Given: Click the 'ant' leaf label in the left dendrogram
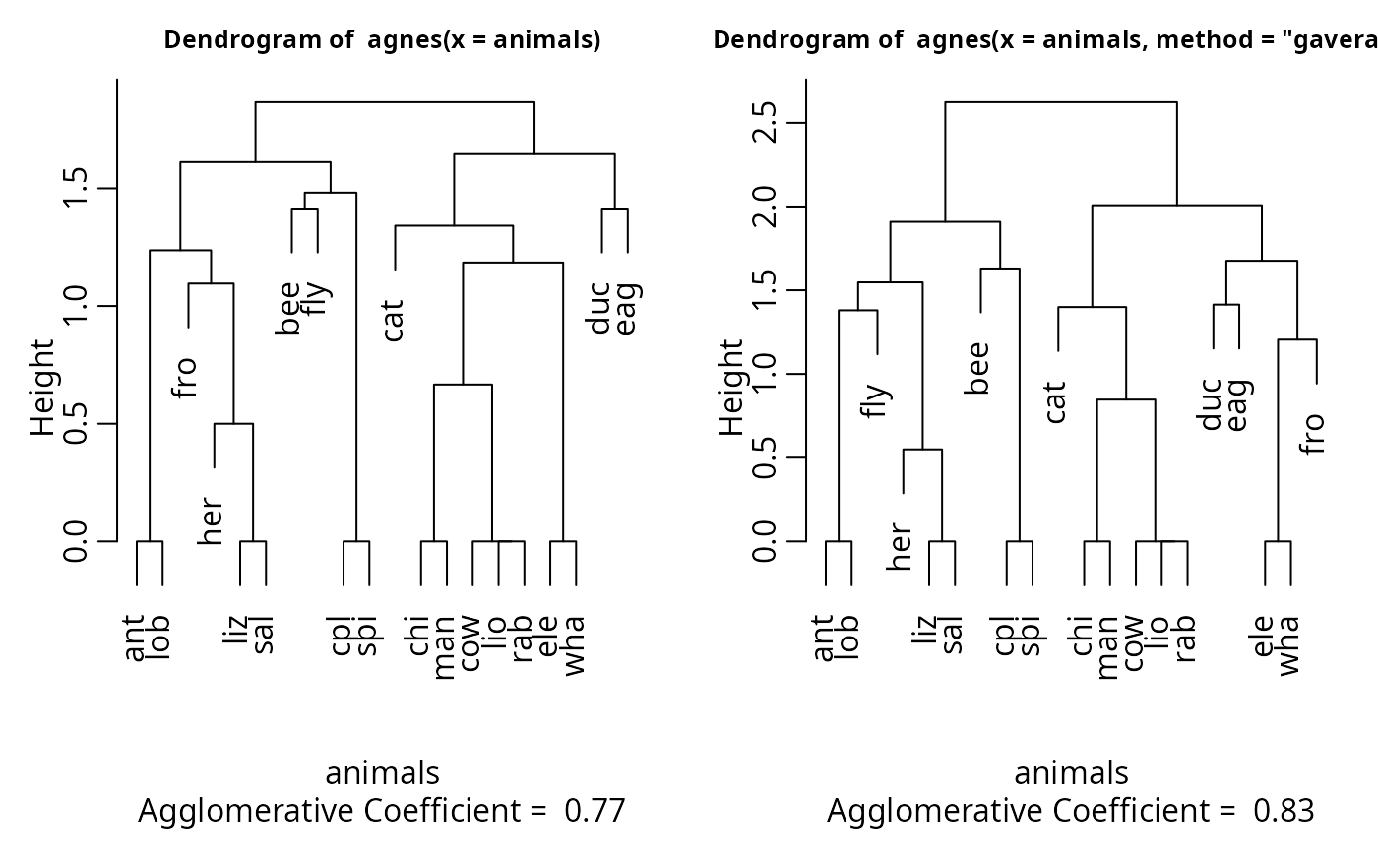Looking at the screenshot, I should pyautogui.click(x=136, y=638).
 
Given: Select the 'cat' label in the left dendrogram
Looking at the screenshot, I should pyautogui.click(x=394, y=320).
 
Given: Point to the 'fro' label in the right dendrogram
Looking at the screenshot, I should pyautogui.click(x=1313, y=433).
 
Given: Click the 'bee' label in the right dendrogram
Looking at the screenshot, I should pyautogui.click(x=978, y=368).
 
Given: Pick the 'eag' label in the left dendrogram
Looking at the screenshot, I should pyautogui.click(x=628, y=308).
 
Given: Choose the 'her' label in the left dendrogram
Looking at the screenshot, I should pyautogui.click(x=212, y=521).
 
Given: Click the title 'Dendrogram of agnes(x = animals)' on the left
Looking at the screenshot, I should pyautogui.click(x=382, y=40).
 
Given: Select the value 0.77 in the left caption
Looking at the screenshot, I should pyautogui.click(x=595, y=811).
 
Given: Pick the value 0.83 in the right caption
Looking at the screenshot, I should pyautogui.click(x=1284, y=811).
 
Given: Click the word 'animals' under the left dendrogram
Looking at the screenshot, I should pyautogui.click(x=382, y=773).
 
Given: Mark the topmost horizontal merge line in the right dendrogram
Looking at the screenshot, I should pyautogui.click(x=1061, y=102).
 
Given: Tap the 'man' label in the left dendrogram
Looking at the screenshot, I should pyautogui.click(x=445, y=645).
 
